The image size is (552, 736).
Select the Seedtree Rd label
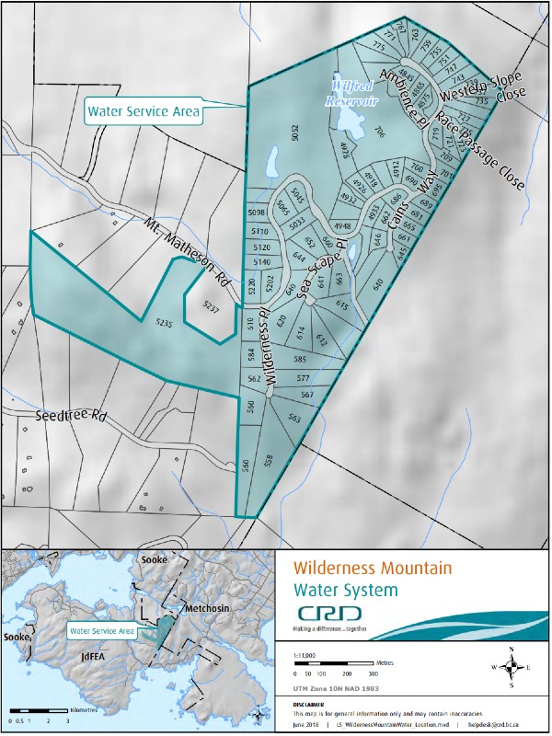click(x=71, y=416)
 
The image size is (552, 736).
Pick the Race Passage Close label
click(x=479, y=152)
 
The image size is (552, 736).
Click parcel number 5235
click(x=164, y=323)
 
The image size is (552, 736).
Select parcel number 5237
click(x=212, y=308)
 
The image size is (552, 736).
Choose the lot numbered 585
click(x=300, y=359)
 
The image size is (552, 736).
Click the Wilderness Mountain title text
click(x=373, y=569)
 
